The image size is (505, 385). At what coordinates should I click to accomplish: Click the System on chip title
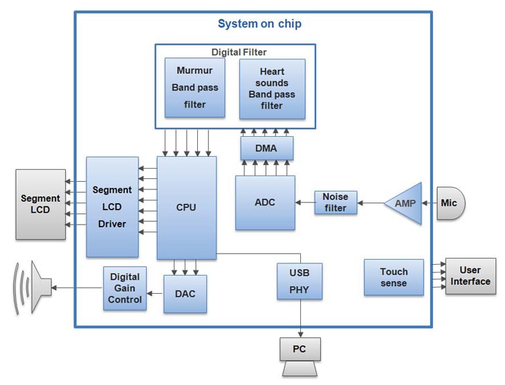pyautogui.click(x=259, y=24)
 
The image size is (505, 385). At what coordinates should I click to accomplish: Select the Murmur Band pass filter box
pyautogui.click(x=194, y=88)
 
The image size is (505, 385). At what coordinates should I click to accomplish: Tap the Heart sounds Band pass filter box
pyautogui.click(x=272, y=89)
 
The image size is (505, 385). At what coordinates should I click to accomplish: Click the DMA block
pyautogui.click(x=266, y=148)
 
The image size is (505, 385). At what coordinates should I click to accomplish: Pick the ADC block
pyautogui.click(x=265, y=203)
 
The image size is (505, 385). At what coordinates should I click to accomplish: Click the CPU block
pyautogui.click(x=186, y=207)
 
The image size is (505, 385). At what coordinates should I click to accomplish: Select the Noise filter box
pyautogui.click(x=336, y=203)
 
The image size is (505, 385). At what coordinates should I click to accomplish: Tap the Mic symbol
pyautogui.click(x=450, y=203)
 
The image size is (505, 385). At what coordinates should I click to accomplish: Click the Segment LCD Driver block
pyautogui.click(x=112, y=207)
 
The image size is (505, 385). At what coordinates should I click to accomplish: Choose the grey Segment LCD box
pyautogui.click(x=41, y=204)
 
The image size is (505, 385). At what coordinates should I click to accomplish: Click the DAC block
pyautogui.click(x=185, y=294)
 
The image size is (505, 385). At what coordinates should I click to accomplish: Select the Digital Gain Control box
pyautogui.click(x=125, y=288)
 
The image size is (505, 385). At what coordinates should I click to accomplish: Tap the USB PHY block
pyautogui.click(x=300, y=281)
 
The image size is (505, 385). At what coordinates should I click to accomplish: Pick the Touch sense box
pyautogui.click(x=394, y=277)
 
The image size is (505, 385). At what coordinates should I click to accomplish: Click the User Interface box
pyautogui.click(x=470, y=276)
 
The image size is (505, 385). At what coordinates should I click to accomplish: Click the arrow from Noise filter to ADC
pyautogui.click(x=305, y=203)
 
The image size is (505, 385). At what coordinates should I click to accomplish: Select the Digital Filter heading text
pyautogui.click(x=239, y=52)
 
